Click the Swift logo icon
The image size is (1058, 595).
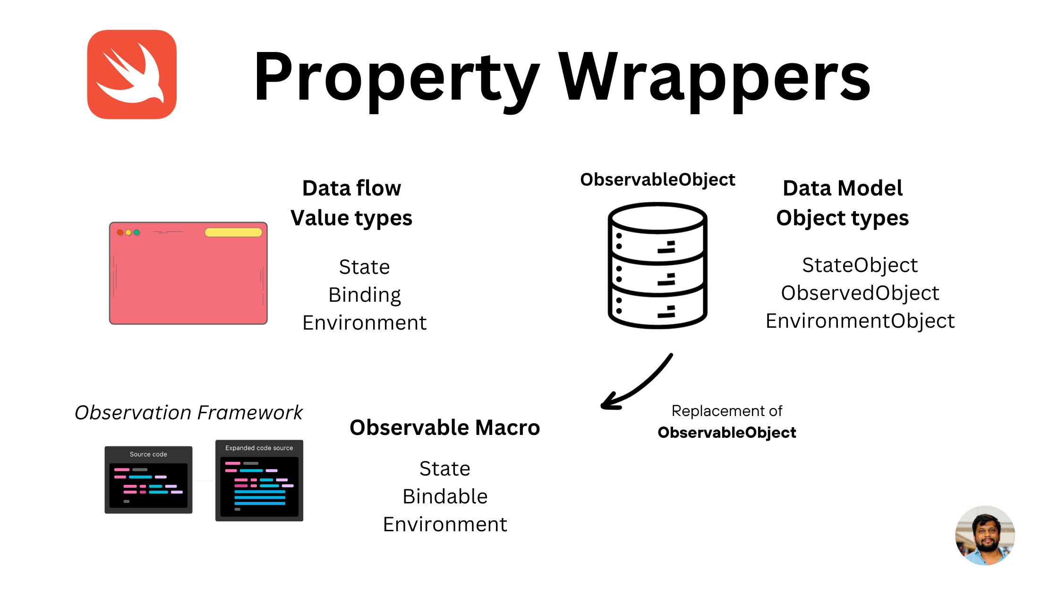pyautogui.click(x=132, y=75)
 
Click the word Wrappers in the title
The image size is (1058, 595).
pyautogui.click(x=714, y=78)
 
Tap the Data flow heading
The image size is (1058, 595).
pyautogui.click(x=351, y=188)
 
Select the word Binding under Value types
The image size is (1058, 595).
pyautogui.click(x=364, y=295)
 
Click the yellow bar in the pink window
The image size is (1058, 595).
pyautogui.click(x=233, y=232)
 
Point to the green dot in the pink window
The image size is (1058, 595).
pyautogui.click(x=137, y=232)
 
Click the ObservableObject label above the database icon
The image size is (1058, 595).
pyautogui.click(x=657, y=179)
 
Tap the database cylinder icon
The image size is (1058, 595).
pyautogui.click(x=657, y=265)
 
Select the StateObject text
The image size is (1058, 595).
pyautogui.click(x=860, y=265)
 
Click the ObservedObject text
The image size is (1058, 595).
pyautogui.click(x=860, y=293)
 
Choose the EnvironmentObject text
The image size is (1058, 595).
pyautogui.click(x=860, y=321)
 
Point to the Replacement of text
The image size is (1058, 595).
pyautogui.click(x=726, y=411)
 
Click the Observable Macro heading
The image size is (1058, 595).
pyautogui.click(x=444, y=427)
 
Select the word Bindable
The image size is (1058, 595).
pyautogui.click(x=444, y=496)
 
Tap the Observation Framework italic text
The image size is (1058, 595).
pyautogui.click(x=188, y=412)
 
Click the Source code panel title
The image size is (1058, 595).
pyautogui.click(x=148, y=454)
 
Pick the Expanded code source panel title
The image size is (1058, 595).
pyautogui.click(x=259, y=448)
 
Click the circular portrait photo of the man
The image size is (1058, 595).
pyautogui.click(x=985, y=535)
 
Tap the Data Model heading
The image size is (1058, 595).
pyautogui.click(x=842, y=188)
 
